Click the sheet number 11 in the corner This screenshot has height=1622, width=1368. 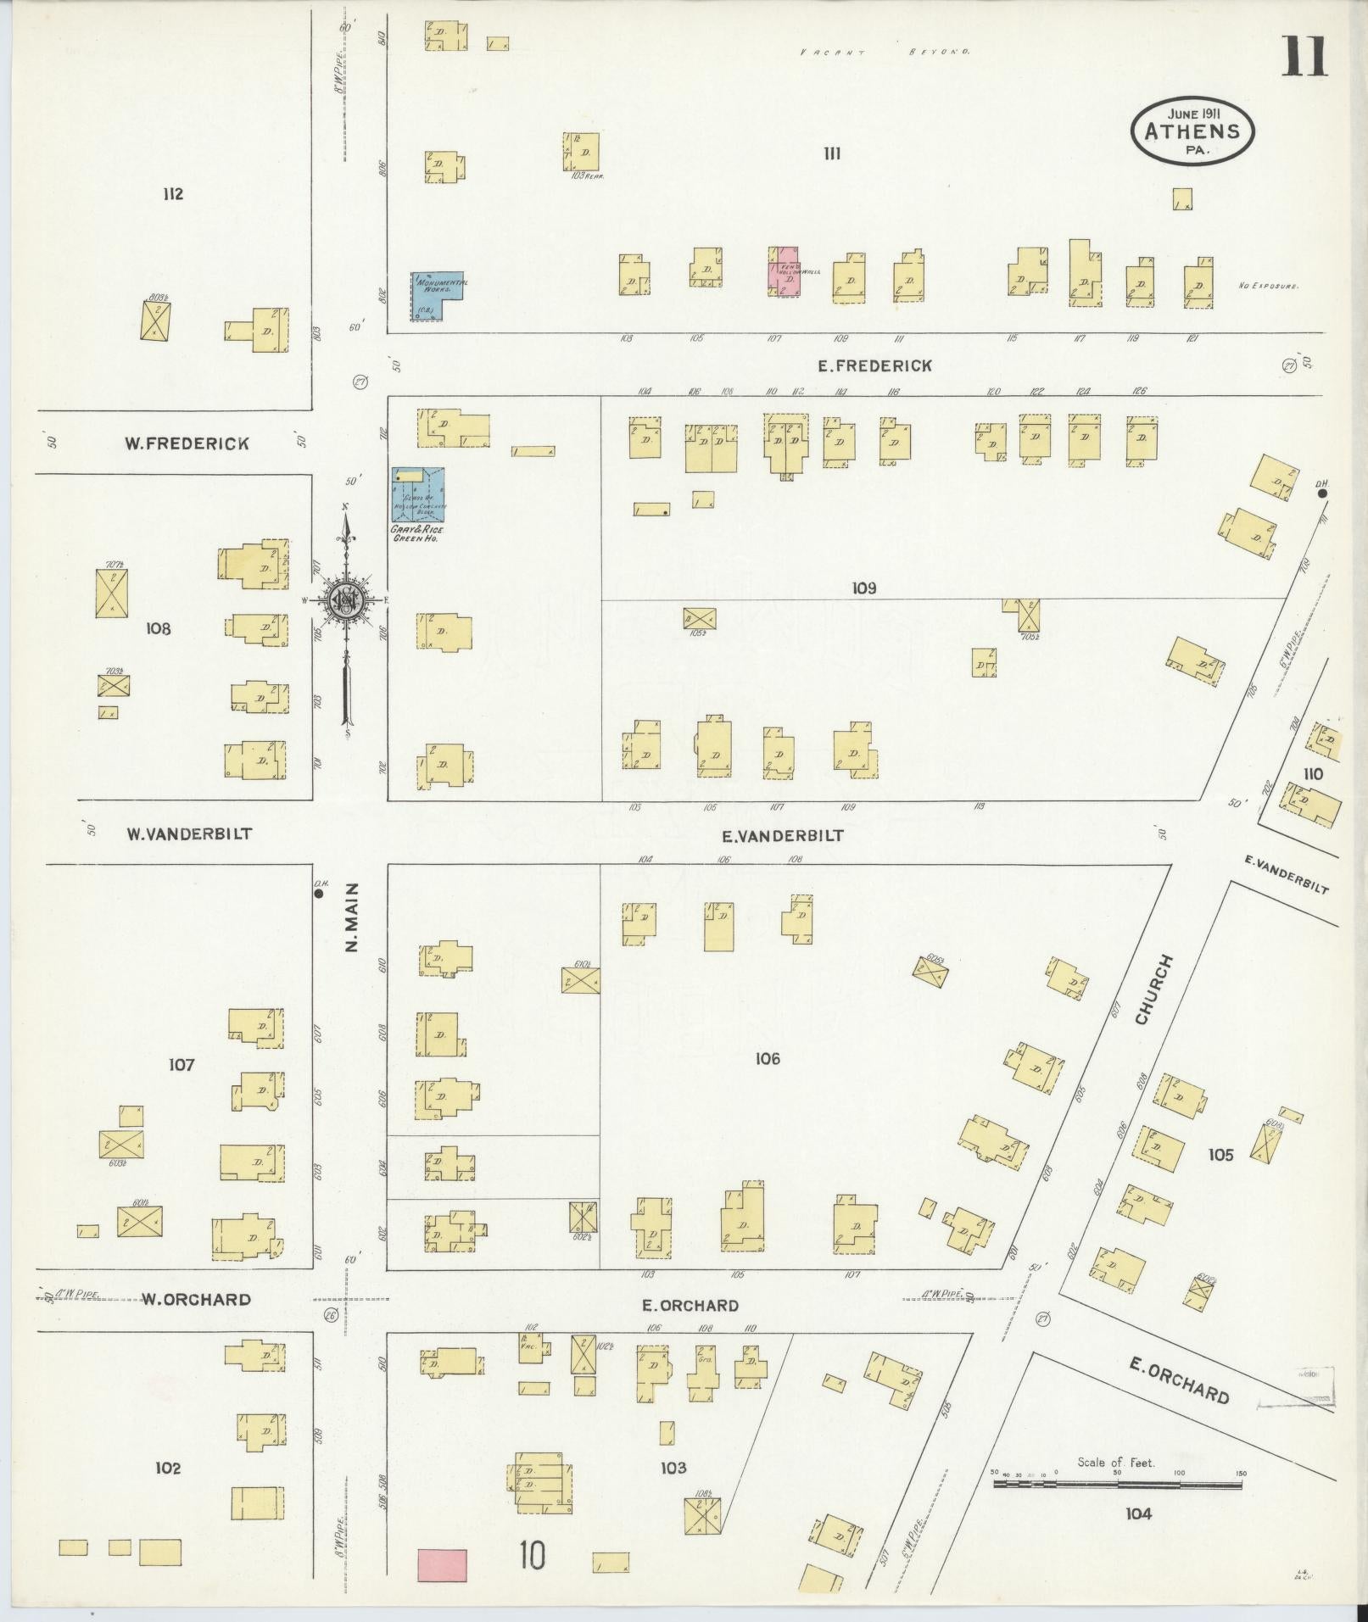1304,57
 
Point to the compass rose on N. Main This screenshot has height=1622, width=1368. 346,600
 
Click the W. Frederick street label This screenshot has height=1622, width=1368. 187,443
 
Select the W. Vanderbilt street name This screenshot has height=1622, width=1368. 189,833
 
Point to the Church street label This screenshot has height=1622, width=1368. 1154,989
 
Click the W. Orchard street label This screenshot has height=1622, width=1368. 195,1300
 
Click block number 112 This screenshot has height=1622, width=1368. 173,194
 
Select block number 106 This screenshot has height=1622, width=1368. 767,1058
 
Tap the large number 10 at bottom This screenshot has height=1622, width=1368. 533,1555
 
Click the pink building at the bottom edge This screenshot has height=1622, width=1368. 442,1564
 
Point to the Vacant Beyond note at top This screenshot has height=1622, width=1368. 885,52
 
